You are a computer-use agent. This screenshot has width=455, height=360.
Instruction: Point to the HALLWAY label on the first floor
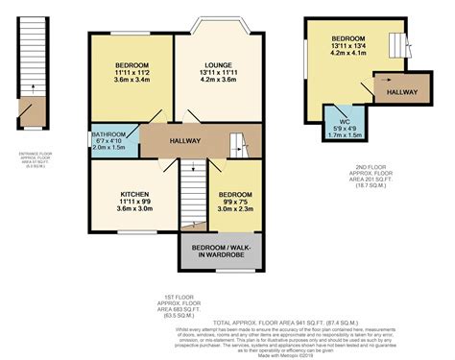point(184,141)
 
